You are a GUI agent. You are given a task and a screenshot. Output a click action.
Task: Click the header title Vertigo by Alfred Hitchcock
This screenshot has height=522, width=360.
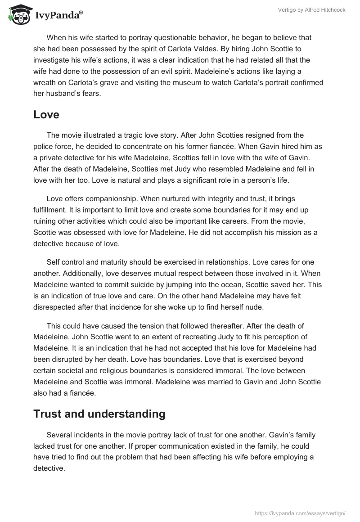(x=318, y=10)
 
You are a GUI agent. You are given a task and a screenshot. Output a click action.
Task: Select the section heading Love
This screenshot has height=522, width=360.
(x=46, y=114)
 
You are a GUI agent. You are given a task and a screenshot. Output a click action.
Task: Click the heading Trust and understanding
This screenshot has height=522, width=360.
(x=99, y=414)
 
